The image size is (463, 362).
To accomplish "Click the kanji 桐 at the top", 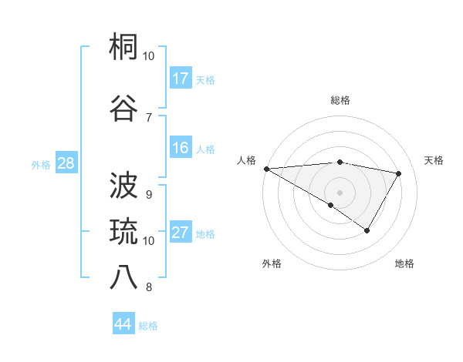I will tap(124, 49).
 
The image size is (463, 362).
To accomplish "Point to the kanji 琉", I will tap(124, 232).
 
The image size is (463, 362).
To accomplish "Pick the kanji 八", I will tap(124, 277).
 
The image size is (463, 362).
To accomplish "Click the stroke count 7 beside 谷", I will tap(148, 117).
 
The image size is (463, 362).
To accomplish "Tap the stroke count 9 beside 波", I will tap(148, 194).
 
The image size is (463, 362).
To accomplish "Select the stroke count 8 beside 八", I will tap(148, 287).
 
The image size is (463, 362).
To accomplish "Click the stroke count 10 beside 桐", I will tap(148, 56).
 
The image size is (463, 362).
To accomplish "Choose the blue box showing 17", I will tap(181, 78).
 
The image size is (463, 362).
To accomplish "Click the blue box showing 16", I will tap(181, 148).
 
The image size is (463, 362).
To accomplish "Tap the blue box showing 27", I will tap(181, 233).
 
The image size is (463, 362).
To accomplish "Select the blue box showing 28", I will tap(66, 163).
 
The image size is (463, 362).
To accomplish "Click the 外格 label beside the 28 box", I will tap(40, 164).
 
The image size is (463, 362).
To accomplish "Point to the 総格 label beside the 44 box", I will tap(148, 326).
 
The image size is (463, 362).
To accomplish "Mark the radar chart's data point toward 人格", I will tap(265, 169).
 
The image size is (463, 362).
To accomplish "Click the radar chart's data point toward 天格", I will tap(399, 173).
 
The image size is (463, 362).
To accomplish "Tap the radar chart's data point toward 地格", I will tap(367, 230).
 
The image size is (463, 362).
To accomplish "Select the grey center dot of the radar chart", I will tap(340, 191).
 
